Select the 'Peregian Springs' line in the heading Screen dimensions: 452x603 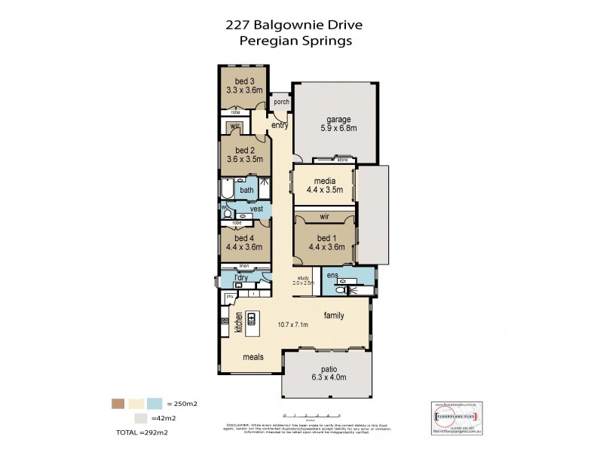click(x=295, y=41)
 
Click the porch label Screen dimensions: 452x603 click(x=281, y=102)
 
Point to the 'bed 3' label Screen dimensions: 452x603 click(x=243, y=81)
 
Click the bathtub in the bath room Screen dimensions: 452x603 click(x=228, y=188)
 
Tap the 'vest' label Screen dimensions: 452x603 click(x=256, y=208)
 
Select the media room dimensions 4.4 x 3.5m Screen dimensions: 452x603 click(x=324, y=190)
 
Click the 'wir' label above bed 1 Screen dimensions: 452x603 click(x=324, y=216)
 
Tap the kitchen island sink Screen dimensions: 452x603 click(x=252, y=317)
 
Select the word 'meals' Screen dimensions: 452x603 click(x=253, y=356)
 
